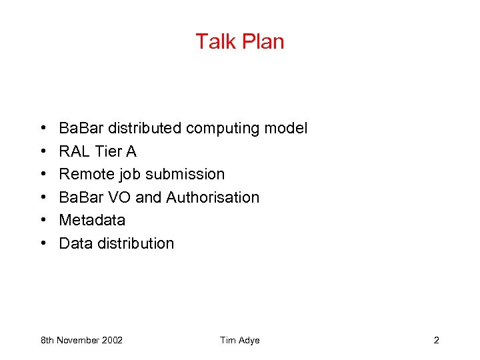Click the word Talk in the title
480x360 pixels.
(x=211, y=41)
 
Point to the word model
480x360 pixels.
(x=289, y=128)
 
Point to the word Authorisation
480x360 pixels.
(x=213, y=197)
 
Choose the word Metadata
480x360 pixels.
(x=92, y=220)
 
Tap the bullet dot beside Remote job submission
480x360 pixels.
(x=43, y=175)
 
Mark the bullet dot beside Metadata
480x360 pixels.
(x=43, y=221)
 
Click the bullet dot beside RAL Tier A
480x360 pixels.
(x=43, y=152)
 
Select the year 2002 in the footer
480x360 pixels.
(x=111, y=341)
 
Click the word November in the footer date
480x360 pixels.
(x=77, y=341)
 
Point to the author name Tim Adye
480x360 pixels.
(x=239, y=341)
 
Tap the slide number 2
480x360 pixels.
(x=436, y=341)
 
